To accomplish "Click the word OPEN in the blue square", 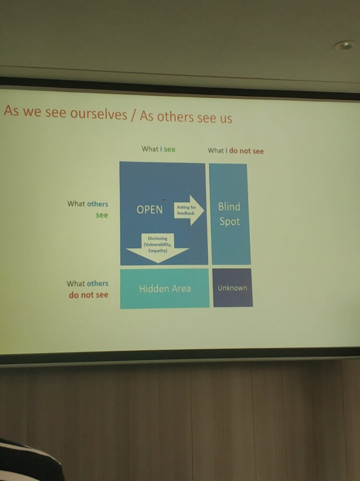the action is (x=149, y=210).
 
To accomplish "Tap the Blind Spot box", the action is (x=230, y=214).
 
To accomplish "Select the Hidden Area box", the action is (x=165, y=289).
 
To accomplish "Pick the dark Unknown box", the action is (x=232, y=288).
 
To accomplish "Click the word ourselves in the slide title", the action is (x=99, y=114).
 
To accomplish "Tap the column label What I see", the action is (x=158, y=149).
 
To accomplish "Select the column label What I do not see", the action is (x=236, y=151).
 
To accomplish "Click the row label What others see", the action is (x=88, y=209).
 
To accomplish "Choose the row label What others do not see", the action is (x=88, y=289).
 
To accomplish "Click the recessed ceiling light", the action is (x=345, y=46).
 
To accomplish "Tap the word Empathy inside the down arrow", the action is (x=158, y=251).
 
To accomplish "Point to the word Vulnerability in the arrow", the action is (x=158, y=244).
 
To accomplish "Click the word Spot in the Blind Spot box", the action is (x=229, y=222).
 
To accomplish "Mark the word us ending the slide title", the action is (x=226, y=118).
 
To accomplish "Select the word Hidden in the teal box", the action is (x=152, y=289).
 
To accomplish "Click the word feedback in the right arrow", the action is (x=186, y=213).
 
